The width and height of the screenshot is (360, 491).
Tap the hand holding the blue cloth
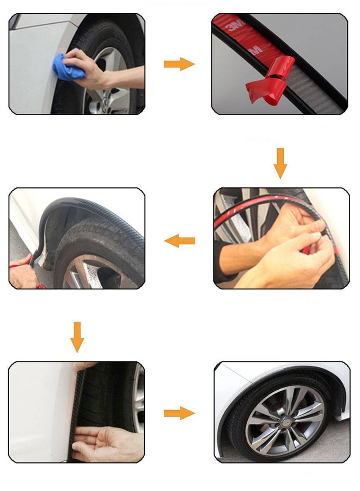pyautogui.click(x=91, y=68)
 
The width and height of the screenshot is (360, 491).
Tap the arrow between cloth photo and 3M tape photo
pyautogui.click(x=179, y=64)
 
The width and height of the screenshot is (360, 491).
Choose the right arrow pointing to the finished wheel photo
pyautogui.click(x=179, y=413)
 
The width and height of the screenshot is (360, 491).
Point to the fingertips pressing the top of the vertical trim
pyautogui.click(x=85, y=366)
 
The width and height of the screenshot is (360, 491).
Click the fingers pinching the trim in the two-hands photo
pyautogui.click(x=316, y=237)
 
